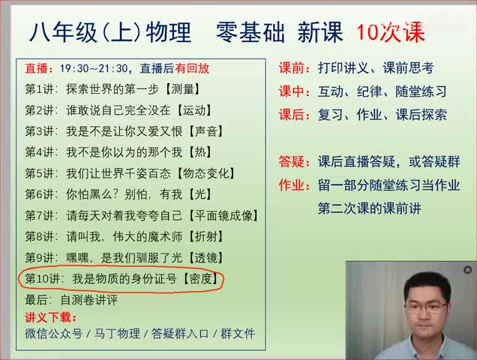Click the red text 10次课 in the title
click(391, 32)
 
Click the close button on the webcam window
click(468, 269)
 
